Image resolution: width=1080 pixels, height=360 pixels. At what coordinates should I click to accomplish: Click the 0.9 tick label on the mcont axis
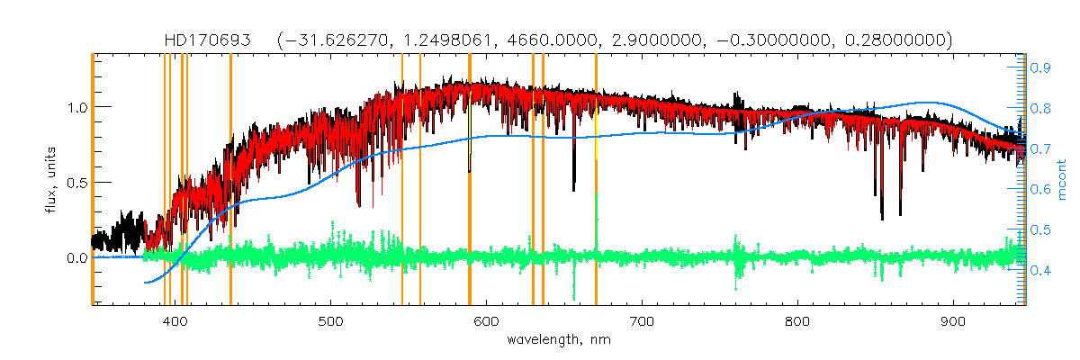(x=1042, y=67)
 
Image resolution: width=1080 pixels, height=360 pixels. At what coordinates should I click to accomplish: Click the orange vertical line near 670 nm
(x=596, y=180)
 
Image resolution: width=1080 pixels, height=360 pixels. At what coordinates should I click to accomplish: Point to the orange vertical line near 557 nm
(x=420, y=180)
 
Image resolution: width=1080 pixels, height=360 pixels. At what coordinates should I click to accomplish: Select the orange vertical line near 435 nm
(x=230, y=180)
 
